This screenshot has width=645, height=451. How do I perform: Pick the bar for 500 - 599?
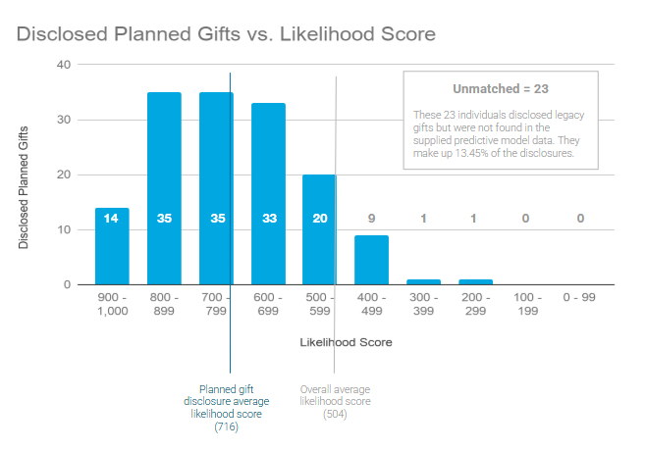pyautogui.click(x=319, y=230)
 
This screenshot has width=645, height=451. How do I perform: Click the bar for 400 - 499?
pyautogui.click(x=371, y=260)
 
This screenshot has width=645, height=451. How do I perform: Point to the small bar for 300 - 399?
pyautogui.click(x=423, y=282)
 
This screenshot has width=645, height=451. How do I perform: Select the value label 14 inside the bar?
pyautogui.click(x=111, y=218)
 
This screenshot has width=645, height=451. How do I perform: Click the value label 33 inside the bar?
pyautogui.click(x=268, y=218)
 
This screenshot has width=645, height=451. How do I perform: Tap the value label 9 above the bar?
pyautogui.click(x=371, y=218)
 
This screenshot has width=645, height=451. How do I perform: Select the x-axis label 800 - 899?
pyautogui.click(x=163, y=303)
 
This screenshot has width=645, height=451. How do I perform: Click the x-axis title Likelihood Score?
pyautogui.click(x=346, y=343)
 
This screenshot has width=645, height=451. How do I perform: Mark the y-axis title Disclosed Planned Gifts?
pyautogui.click(x=24, y=175)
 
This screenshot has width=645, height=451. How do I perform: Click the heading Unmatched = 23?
pyautogui.click(x=500, y=88)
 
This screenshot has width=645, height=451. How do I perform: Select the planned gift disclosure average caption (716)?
pyautogui.click(x=226, y=407)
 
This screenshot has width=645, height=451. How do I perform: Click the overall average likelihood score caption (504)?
pyautogui.click(x=335, y=401)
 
